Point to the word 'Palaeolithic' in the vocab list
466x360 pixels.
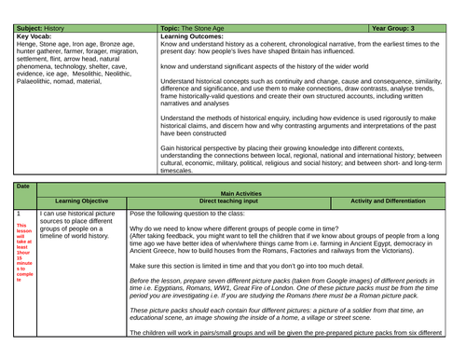point(22,81)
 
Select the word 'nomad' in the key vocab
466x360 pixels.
point(65,81)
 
